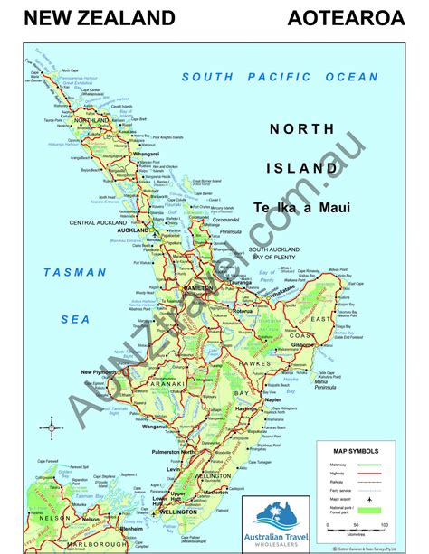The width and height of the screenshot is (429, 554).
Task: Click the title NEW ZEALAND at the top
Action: click(100, 17)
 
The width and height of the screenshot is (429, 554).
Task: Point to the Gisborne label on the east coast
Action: click(327, 344)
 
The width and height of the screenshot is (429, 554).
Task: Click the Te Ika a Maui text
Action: click(301, 207)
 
